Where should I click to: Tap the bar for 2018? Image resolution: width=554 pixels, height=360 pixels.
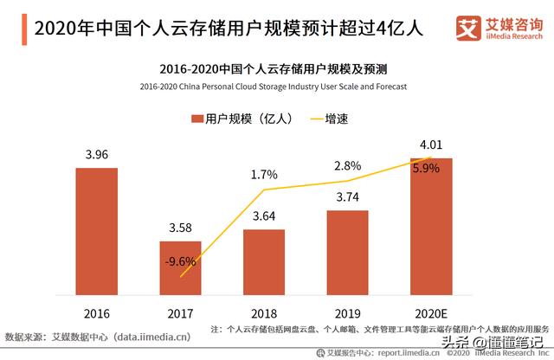[x=264, y=260]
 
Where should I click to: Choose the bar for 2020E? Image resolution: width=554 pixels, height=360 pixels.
[x=431, y=226]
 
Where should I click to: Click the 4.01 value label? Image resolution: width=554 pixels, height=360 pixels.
[x=431, y=145]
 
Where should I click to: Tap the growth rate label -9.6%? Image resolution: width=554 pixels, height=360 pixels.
[x=180, y=260]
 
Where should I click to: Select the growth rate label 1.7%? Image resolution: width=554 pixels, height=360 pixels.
[x=264, y=175]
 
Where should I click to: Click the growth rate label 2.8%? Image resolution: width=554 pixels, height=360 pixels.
[x=347, y=165]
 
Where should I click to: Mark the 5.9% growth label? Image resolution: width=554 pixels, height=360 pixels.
[x=426, y=169]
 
